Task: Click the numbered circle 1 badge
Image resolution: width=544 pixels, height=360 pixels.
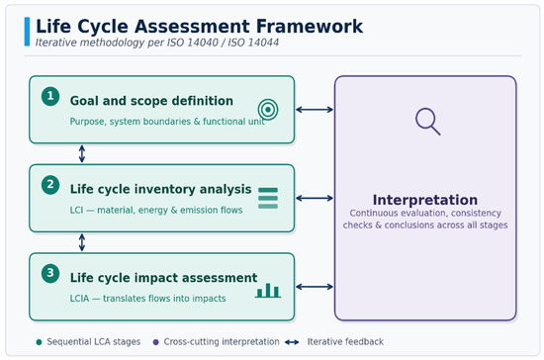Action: coord(50,96)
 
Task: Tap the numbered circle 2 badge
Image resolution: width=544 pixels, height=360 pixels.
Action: coord(50,185)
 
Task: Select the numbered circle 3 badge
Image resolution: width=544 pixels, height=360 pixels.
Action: coord(50,273)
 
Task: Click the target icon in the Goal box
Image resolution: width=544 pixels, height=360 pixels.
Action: coord(268,110)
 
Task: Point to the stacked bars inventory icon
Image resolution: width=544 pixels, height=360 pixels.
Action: coord(268,198)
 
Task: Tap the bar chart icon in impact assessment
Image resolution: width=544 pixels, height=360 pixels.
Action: coord(268,291)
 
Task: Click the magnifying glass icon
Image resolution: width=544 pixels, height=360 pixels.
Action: coord(427,121)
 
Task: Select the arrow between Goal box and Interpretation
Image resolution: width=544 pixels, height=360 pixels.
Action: coord(315,110)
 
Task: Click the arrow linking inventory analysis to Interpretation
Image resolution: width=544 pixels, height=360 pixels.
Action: coord(315,198)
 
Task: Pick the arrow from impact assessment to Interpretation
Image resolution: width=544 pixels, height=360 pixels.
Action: coord(315,287)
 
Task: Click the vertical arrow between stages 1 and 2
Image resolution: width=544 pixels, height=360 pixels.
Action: coord(82,153)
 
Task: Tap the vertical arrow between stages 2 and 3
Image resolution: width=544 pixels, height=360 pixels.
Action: coord(82,242)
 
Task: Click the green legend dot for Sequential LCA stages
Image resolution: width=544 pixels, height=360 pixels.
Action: coord(39,342)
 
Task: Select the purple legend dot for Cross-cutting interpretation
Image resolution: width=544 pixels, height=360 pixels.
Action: coord(155,342)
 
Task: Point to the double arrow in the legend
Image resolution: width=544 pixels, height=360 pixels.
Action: coord(292,342)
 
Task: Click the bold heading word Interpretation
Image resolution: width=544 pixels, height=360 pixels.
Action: coord(425,200)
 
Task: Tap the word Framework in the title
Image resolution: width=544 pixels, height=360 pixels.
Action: coord(310,27)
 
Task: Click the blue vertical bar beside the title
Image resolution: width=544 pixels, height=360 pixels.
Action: coord(27,32)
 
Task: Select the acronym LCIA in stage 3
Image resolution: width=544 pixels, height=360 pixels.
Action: coord(79,299)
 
